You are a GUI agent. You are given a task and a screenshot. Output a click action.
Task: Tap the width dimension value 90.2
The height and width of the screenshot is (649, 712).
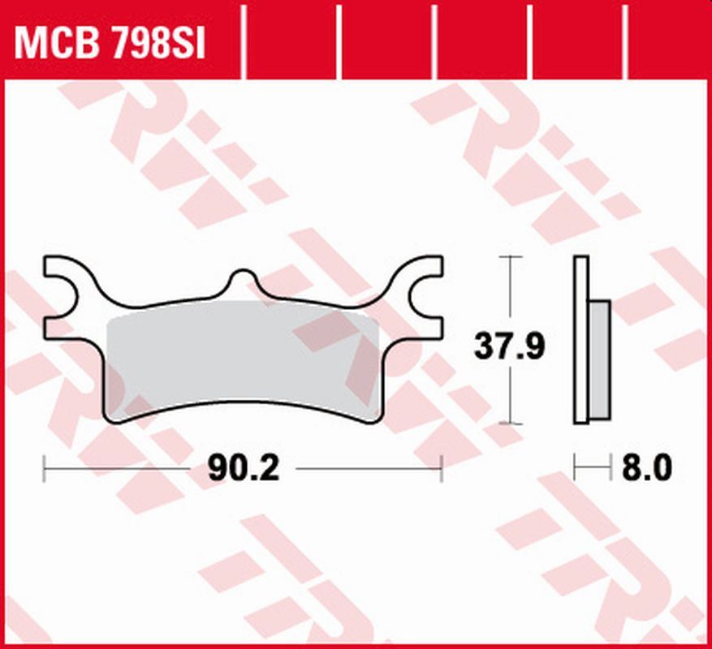243,468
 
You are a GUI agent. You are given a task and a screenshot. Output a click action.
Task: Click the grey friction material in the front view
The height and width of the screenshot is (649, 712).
244,357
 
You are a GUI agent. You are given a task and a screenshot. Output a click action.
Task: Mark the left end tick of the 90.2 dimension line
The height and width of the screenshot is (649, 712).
44,468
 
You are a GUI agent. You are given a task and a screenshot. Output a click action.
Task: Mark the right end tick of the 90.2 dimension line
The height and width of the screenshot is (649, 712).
442,468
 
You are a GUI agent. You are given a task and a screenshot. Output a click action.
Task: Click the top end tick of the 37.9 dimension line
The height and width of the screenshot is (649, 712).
509,256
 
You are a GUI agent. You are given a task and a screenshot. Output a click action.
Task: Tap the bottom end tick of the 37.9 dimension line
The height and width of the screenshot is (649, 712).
509,423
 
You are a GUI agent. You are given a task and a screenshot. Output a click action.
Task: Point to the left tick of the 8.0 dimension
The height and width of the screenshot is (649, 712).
575,468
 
